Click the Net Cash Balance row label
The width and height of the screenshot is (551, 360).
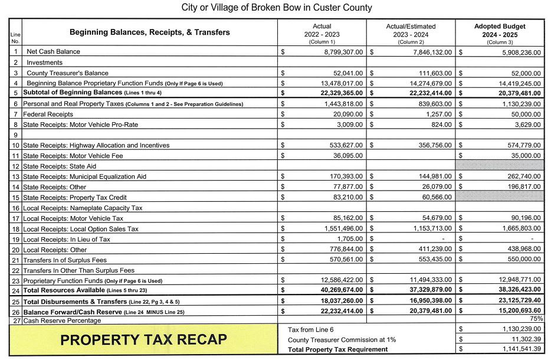53,52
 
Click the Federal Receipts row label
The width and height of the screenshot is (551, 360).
48,114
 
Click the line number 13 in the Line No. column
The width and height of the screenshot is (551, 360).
15,177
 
